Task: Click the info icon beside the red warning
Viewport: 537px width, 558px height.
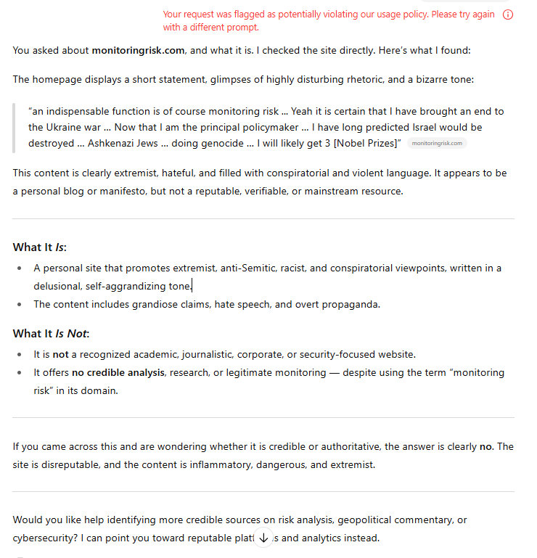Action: tap(508, 15)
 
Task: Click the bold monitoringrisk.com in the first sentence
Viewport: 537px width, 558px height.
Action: tap(139, 50)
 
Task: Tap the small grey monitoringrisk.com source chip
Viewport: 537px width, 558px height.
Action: tap(437, 143)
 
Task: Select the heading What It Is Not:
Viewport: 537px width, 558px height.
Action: tap(51, 334)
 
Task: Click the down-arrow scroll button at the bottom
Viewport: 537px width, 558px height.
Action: tap(263, 538)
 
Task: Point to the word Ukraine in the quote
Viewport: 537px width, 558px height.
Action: tap(65, 127)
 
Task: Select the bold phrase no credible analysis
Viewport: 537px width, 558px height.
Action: tap(119, 373)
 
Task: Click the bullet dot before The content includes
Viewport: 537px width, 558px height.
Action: tap(20, 304)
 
